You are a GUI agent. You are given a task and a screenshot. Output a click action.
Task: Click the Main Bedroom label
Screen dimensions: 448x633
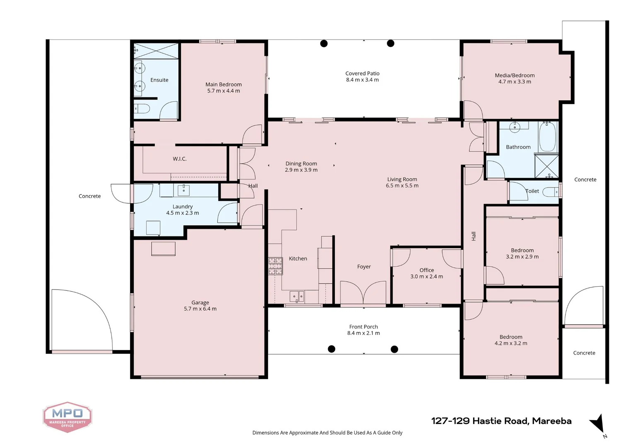click(223, 84)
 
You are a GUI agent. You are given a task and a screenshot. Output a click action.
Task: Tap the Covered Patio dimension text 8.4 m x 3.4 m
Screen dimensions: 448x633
click(362, 80)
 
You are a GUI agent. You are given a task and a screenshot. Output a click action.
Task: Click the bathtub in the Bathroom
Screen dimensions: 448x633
click(547, 136)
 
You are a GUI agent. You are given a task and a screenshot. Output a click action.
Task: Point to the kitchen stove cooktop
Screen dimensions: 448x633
click(275, 266)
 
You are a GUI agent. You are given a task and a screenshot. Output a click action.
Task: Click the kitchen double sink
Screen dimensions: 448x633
click(297, 296)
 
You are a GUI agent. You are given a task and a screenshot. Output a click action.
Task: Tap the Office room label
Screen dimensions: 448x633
click(426, 270)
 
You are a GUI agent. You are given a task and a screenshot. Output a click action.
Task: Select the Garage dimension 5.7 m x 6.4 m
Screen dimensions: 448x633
click(200, 309)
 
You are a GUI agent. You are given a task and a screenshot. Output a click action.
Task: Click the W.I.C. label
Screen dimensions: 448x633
click(179, 159)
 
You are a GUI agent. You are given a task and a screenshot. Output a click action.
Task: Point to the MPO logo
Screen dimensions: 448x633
click(67, 416)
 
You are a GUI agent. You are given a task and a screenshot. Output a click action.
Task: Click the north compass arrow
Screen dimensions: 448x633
click(598, 424)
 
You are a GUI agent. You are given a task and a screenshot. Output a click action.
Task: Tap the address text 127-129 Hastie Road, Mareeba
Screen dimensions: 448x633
click(501, 421)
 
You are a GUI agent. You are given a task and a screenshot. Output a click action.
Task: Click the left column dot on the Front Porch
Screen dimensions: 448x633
click(331, 349)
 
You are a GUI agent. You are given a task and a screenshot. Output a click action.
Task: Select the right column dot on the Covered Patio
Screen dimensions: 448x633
click(390, 43)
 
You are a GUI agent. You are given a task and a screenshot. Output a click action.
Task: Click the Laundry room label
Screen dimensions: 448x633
click(182, 207)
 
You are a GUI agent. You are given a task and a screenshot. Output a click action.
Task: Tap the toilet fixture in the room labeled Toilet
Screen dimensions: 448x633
click(551, 192)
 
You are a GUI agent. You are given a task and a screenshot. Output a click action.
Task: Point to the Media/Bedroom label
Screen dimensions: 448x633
click(515, 75)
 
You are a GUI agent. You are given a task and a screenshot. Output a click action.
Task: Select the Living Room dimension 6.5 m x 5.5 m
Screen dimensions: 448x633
click(402, 186)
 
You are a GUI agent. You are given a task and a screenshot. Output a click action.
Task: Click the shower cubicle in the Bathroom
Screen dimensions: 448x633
click(546, 166)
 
